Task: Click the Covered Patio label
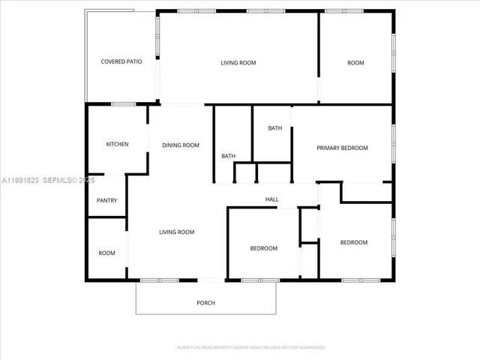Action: (121, 62)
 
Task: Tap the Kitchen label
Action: (117, 145)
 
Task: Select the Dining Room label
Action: (181, 145)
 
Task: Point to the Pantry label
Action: (107, 201)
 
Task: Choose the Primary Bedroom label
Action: (342, 148)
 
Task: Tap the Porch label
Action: (205, 303)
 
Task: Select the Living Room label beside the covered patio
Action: (238, 63)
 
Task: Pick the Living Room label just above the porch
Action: (176, 232)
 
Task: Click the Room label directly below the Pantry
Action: (107, 253)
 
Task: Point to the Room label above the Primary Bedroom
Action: (355, 63)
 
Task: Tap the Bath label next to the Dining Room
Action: (228, 156)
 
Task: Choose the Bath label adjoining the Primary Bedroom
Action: (275, 128)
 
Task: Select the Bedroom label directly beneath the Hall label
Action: (263, 249)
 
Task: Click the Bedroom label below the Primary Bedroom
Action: (354, 242)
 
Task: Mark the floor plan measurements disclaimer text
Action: (250, 348)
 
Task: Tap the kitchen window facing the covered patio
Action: (123, 103)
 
